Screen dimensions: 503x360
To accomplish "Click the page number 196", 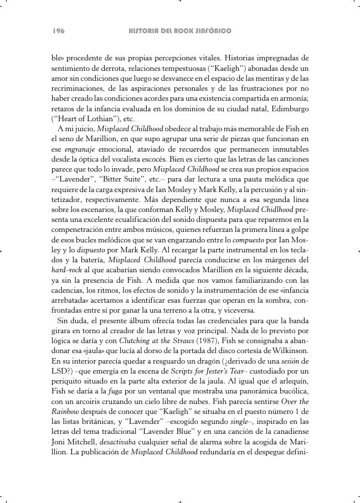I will click(x=59, y=31).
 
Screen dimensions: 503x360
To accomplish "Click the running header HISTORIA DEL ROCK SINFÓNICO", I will click(x=179, y=31).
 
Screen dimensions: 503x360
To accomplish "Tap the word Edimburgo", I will click(x=287, y=108).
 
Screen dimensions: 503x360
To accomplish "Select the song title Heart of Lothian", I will click(x=77, y=118).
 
